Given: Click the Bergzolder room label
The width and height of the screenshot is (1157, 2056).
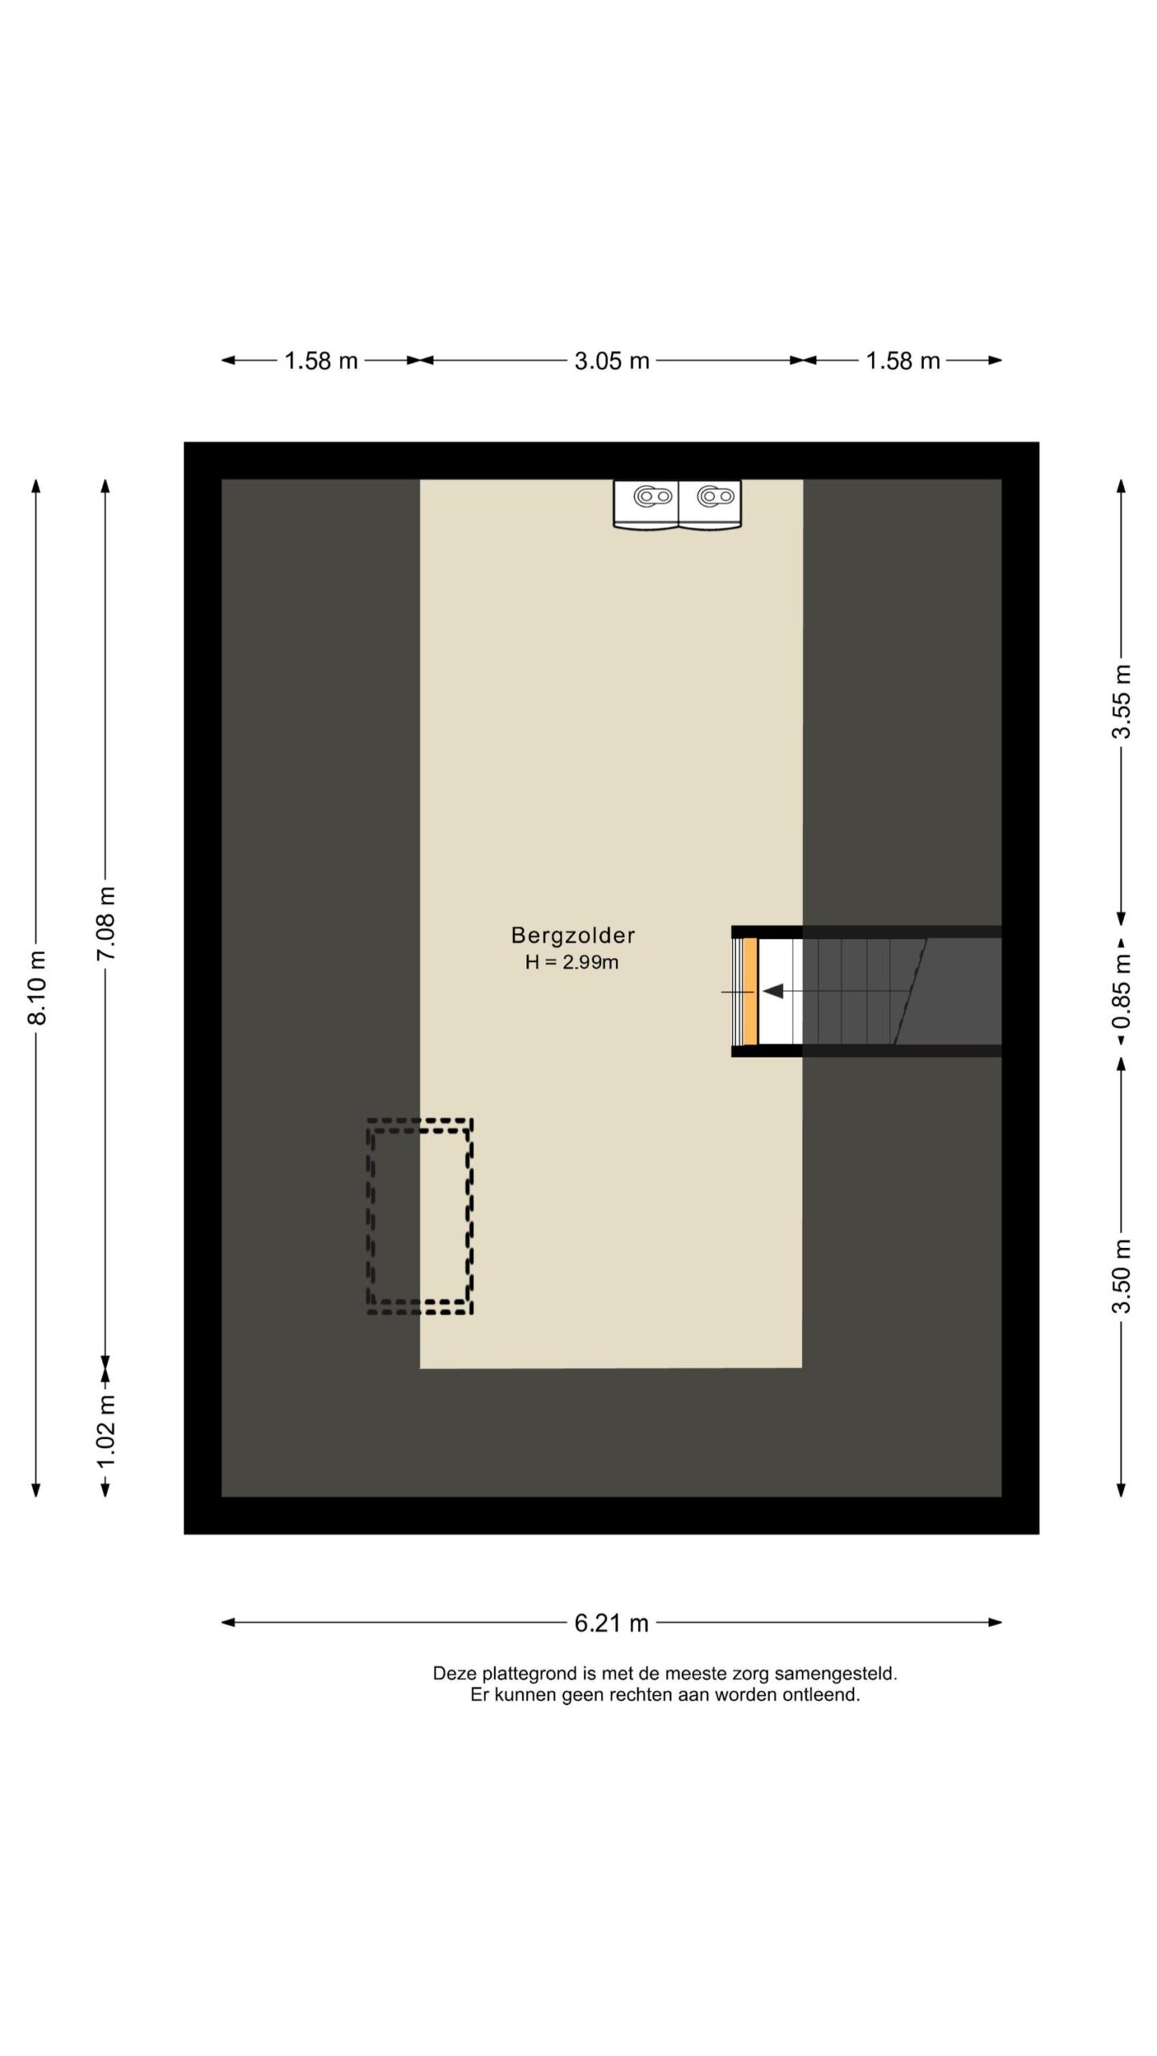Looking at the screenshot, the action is point(573,935).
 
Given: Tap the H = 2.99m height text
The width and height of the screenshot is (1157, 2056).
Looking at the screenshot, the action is point(572,962).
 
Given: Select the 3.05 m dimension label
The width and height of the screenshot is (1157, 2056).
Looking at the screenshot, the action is point(611,361).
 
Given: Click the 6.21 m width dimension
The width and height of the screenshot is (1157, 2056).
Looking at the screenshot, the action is point(611,1623).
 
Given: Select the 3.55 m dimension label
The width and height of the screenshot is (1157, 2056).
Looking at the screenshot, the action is point(1122,701).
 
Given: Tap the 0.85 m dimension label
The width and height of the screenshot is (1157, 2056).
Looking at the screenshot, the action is point(1122,990).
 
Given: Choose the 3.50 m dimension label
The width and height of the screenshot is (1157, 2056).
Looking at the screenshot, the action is point(1122,1276).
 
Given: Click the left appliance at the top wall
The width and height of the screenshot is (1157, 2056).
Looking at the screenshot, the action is point(646,505).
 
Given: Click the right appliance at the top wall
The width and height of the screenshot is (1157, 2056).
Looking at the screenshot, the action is point(710,505).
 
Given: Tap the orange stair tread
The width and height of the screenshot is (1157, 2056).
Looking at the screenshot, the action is point(750,992).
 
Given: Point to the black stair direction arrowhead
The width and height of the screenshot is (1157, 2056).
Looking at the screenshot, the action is point(773,992).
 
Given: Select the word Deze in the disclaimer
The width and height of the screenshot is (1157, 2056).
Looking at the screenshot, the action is point(453,1674).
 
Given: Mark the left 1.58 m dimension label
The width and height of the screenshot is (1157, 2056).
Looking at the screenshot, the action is point(321,361).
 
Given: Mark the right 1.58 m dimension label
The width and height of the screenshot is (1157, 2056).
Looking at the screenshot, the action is point(903,361).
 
